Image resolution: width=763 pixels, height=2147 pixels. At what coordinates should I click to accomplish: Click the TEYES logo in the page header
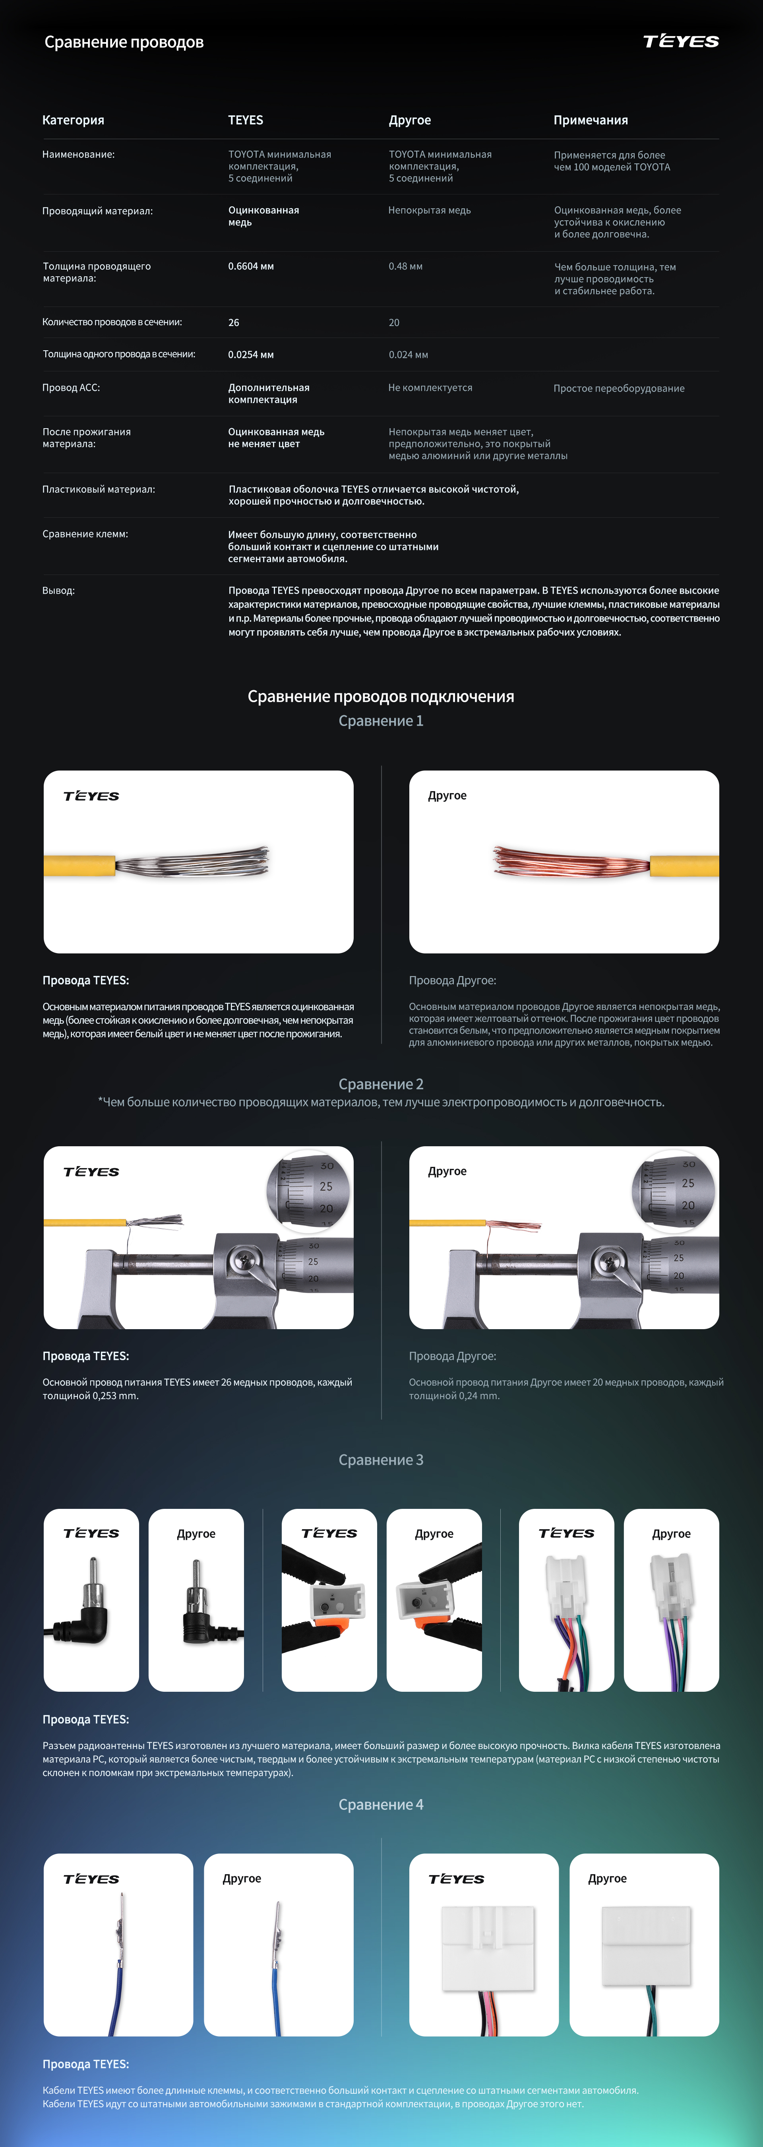pos(680,42)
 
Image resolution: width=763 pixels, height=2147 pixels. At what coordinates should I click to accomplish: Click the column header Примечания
pos(591,120)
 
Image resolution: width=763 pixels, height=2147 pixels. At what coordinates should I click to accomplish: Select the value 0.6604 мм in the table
pos(251,267)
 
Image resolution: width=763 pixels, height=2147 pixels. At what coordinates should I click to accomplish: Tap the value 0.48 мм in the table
pos(406,267)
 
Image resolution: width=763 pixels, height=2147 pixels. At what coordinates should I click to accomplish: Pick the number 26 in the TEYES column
pos(234,322)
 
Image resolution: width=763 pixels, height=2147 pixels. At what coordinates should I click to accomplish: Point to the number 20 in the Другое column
pos(394,322)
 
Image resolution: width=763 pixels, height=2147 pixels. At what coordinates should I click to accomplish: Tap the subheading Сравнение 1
pos(381,721)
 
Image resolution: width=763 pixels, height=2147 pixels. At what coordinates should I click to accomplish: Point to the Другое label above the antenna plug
pos(196,1534)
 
